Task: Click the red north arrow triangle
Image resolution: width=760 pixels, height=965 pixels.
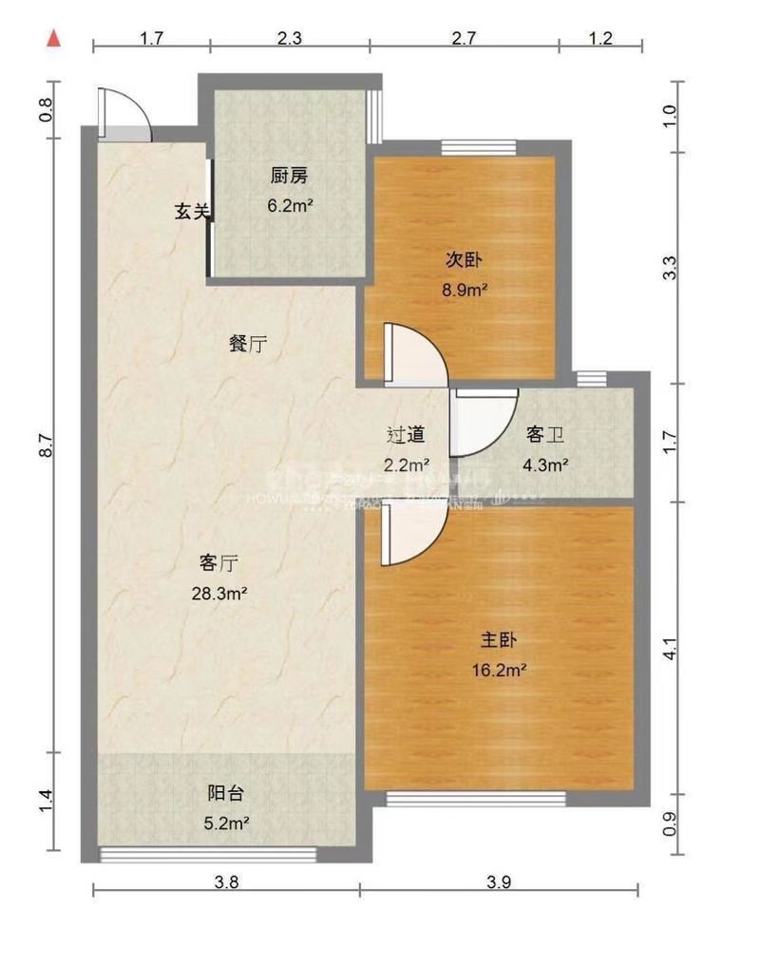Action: point(55,39)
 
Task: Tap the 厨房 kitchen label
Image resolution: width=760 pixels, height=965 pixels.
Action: point(289,176)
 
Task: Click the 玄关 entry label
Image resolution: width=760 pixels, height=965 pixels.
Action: point(191,211)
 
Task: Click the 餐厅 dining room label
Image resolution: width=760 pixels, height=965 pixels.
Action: point(247,345)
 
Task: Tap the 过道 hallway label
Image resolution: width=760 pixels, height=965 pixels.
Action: point(406,435)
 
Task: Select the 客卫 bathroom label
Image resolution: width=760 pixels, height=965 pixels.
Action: point(546,435)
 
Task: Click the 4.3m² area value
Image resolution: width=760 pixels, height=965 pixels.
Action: point(546,464)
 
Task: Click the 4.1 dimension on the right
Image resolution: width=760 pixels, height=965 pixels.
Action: point(671,652)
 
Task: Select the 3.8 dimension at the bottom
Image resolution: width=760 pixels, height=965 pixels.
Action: point(226,880)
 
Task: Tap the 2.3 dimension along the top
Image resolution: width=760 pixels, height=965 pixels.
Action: point(290,39)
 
